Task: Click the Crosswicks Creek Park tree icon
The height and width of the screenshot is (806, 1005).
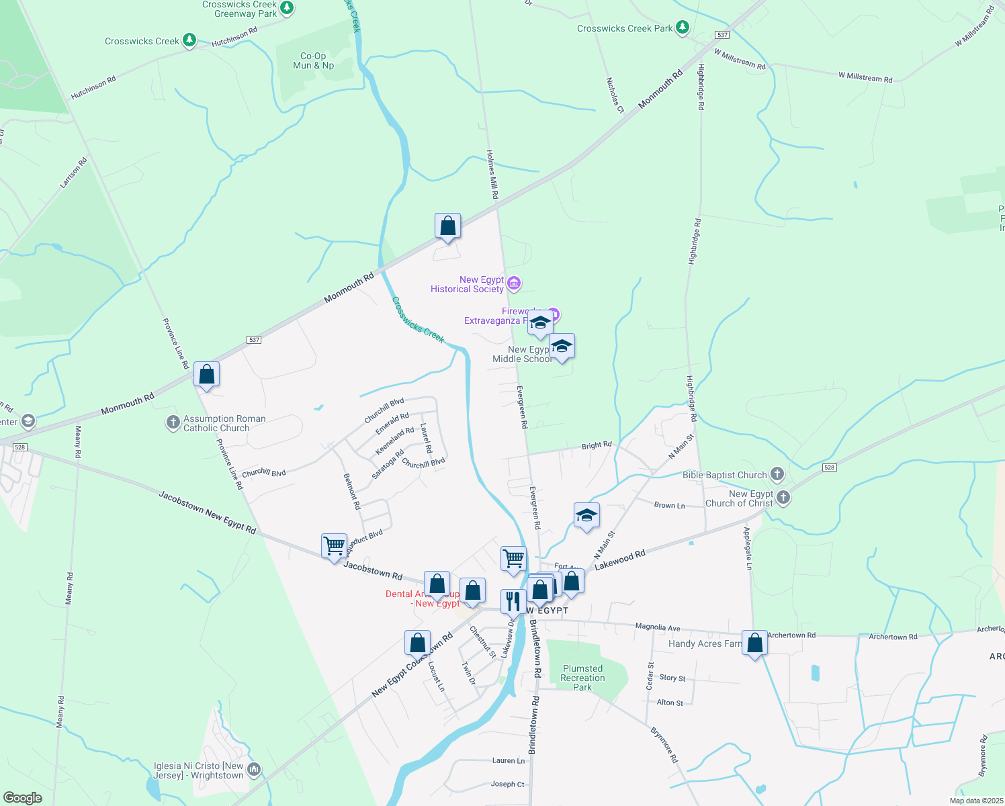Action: (683, 28)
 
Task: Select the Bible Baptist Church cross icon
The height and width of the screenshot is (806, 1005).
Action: (777, 474)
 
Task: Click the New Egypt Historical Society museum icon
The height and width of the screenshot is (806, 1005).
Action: (514, 283)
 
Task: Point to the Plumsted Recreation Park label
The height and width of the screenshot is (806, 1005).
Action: (582, 678)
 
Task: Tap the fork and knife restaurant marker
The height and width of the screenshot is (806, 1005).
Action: (513, 602)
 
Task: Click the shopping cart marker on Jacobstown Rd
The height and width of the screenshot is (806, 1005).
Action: (334, 546)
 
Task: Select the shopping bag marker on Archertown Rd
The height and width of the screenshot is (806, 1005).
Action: (754, 643)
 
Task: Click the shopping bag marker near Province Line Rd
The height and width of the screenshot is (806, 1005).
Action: (206, 375)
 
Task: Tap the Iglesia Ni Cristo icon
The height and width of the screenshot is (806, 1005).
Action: (254, 769)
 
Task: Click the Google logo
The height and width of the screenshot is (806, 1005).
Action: (23, 798)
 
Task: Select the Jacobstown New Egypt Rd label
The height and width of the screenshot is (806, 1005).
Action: (208, 512)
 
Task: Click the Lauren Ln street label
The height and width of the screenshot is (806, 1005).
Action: (509, 761)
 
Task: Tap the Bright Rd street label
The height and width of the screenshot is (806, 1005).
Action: (597, 445)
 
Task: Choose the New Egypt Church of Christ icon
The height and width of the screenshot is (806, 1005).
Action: (783, 498)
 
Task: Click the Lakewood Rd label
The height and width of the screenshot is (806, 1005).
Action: (619, 559)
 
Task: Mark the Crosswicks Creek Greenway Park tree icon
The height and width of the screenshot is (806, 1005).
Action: (287, 8)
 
